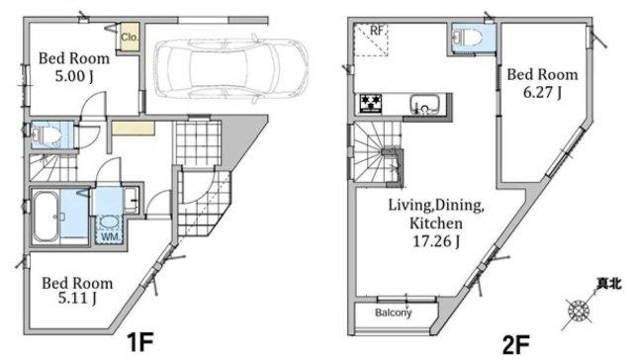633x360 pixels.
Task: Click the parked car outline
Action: click(230, 69)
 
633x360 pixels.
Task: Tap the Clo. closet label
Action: click(130, 38)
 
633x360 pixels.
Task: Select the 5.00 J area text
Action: click(74, 76)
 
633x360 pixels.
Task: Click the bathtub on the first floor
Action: click(45, 217)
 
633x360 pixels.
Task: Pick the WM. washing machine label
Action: click(110, 237)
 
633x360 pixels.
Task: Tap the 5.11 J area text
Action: click(77, 299)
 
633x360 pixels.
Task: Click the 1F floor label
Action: click(140, 342)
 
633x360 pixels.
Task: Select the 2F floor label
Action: click(515, 345)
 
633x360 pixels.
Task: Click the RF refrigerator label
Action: click(376, 31)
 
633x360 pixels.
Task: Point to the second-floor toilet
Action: click(468, 39)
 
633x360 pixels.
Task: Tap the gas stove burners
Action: click(371, 103)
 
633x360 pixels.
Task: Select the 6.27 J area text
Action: click(542, 92)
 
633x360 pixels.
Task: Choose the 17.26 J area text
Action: click(435, 241)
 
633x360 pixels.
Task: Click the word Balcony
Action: click(393, 313)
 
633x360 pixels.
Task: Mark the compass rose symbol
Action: click(579, 312)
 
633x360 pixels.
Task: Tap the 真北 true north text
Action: click(609, 284)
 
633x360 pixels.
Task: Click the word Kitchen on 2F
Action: click(436, 224)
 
